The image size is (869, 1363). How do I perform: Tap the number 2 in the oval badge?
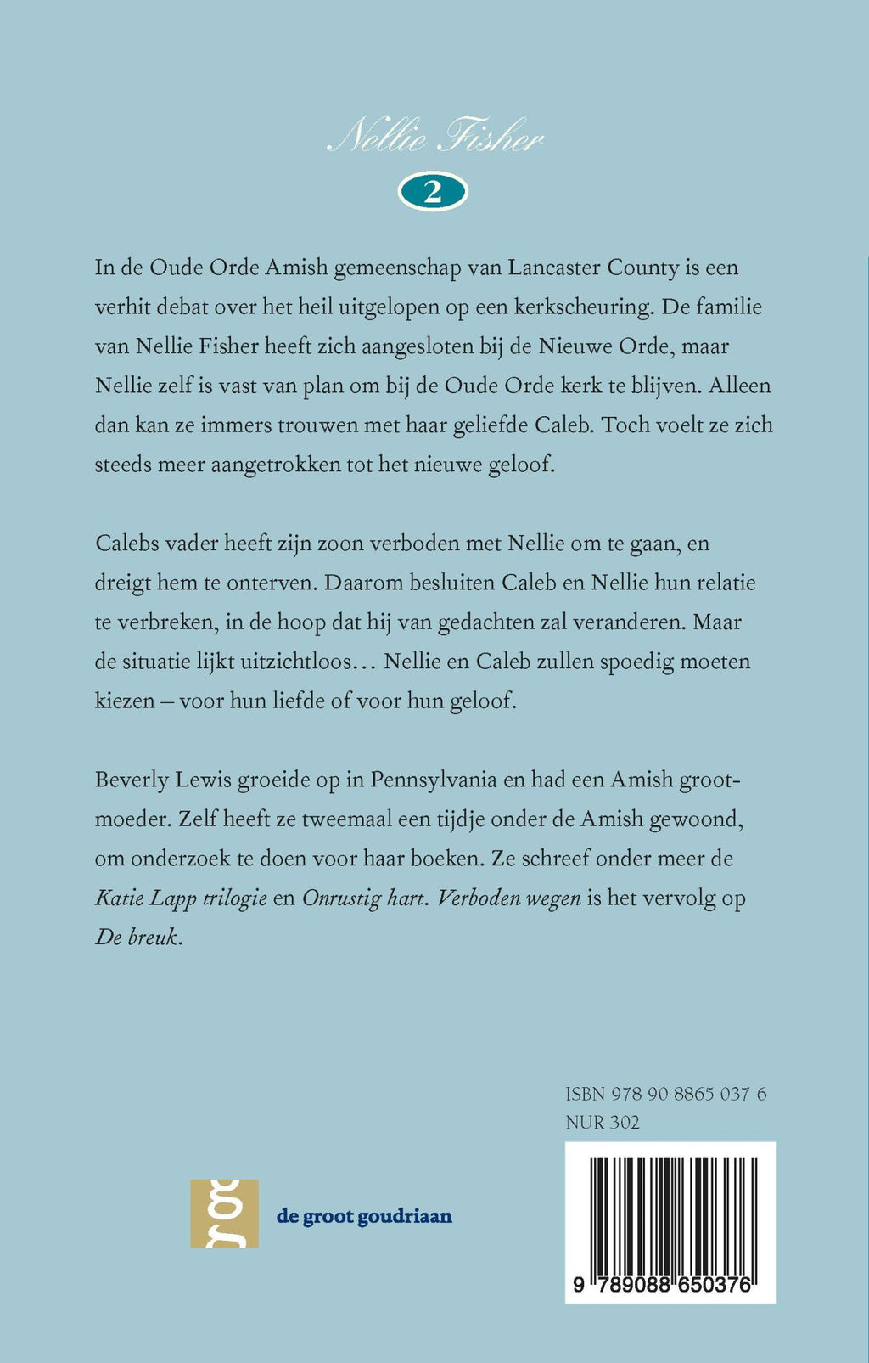(433, 193)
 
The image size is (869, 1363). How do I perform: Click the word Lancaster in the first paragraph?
(554, 268)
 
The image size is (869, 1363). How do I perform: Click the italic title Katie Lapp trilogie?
(181, 898)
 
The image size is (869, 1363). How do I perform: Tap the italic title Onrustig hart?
(362, 898)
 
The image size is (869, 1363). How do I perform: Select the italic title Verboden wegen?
(509, 898)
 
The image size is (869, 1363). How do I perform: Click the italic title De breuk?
(137, 938)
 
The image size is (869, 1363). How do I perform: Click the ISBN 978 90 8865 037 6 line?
(665, 1094)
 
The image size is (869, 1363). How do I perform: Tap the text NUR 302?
(603, 1123)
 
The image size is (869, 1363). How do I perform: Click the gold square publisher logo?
(224, 1214)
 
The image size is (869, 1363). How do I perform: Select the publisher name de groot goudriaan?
(364, 1216)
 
